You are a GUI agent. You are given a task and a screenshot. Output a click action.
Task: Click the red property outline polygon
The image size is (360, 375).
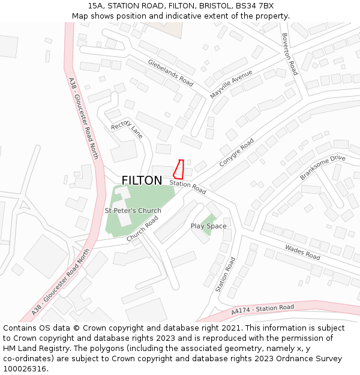(x=178, y=169)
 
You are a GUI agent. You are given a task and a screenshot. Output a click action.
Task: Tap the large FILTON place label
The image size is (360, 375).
(x=142, y=181)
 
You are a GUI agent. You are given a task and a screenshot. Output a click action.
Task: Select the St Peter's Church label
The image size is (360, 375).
(x=133, y=211)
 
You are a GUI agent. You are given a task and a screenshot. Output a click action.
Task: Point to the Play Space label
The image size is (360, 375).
(x=208, y=226)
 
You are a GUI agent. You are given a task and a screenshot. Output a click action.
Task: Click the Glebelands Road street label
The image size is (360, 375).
(x=171, y=73)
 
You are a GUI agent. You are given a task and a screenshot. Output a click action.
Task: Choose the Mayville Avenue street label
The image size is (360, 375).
(x=231, y=85)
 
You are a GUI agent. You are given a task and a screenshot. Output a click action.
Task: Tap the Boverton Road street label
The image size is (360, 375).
(x=290, y=55)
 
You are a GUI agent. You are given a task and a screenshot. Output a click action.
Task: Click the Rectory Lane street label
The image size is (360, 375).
(x=127, y=129)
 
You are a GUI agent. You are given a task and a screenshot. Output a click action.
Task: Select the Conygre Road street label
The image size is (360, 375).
(x=236, y=153)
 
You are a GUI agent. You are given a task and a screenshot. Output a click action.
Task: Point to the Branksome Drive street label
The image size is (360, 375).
(x=322, y=167)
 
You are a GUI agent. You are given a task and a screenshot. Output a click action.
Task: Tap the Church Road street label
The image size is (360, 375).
(x=142, y=229)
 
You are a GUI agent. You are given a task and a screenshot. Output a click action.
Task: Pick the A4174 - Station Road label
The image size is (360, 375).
(x=263, y=310)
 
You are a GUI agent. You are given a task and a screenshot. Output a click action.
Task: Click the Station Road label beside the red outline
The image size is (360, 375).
(x=188, y=187)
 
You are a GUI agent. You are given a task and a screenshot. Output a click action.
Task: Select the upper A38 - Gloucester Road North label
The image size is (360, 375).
(x=83, y=118)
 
